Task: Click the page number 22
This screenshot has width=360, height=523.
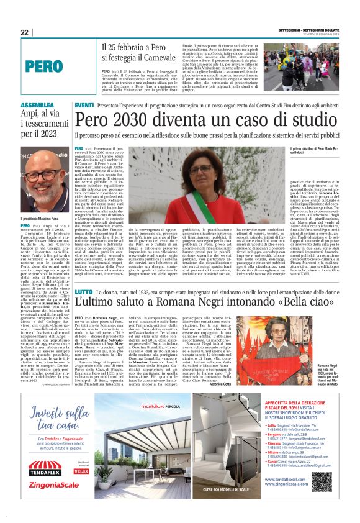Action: point(24,32)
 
